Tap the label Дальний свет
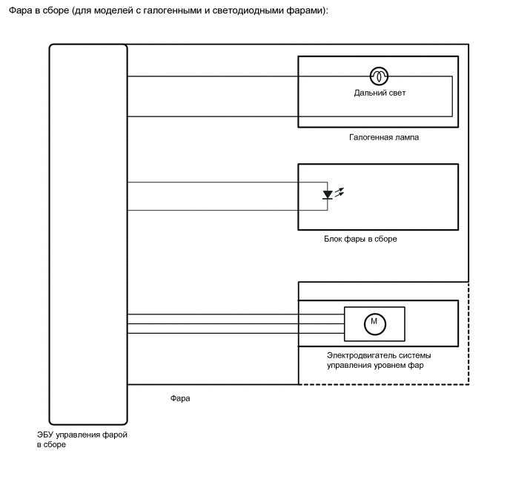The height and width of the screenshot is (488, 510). [380, 93]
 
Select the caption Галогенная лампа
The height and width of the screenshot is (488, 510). [379, 137]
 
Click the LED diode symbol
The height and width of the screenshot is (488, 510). [328, 195]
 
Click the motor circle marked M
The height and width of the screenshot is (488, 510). [374, 321]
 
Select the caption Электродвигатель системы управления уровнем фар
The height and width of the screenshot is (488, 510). [379, 360]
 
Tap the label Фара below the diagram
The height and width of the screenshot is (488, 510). [180, 398]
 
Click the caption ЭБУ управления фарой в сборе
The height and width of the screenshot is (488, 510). [82, 439]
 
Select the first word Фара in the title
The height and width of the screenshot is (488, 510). [17, 11]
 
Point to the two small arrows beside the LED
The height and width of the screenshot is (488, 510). [340, 192]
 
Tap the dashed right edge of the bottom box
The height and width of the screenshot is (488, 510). [469, 334]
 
